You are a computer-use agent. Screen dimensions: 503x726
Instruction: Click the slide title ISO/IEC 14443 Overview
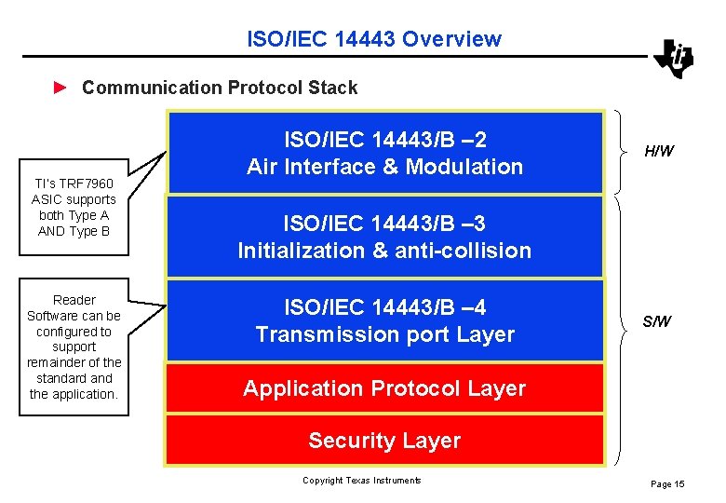[373, 39]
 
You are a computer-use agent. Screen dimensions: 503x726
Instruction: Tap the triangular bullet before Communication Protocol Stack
[60, 88]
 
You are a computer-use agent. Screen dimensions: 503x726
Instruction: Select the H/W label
[659, 151]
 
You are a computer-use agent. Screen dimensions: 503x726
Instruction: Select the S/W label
[656, 322]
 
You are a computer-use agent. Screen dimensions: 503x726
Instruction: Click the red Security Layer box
[384, 441]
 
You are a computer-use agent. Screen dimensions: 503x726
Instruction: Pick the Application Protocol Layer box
[384, 388]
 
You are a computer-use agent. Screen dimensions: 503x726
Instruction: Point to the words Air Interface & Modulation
[384, 168]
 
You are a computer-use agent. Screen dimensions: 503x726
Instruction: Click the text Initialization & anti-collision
[384, 251]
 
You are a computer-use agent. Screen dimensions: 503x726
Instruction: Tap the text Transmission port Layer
[384, 334]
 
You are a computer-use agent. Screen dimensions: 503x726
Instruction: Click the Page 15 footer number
[667, 483]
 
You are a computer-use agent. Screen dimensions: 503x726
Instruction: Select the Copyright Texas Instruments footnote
[361, 481]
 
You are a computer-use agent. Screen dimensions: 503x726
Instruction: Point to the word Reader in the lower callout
[74, 300]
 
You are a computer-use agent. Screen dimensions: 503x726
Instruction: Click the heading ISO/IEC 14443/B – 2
[384, 141]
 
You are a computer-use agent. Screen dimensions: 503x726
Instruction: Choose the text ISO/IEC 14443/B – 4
[384, 307]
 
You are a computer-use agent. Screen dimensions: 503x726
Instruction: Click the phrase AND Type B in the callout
[74, 231]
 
